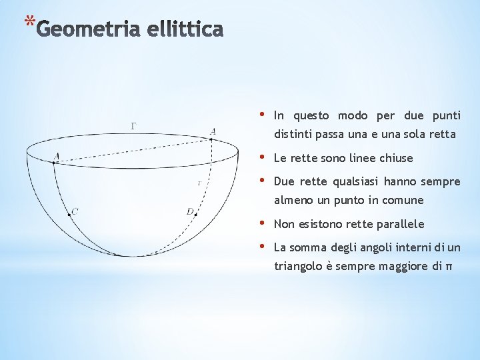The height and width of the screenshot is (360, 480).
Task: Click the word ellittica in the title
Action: point(183,30)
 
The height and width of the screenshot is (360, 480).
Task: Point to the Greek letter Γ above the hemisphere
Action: point(134,125)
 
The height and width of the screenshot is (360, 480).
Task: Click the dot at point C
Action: point(69,214)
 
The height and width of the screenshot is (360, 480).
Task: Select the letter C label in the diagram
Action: point(75,211)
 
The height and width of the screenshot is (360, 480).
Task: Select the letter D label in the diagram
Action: point(189,211)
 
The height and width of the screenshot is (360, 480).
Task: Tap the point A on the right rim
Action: point(211,139)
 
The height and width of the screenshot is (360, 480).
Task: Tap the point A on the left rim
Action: point(55,161)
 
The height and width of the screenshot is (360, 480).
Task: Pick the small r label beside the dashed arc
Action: point(199,183)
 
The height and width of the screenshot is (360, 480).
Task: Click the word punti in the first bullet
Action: point(446,115)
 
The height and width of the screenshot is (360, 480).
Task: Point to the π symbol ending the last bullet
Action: point(448,267)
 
